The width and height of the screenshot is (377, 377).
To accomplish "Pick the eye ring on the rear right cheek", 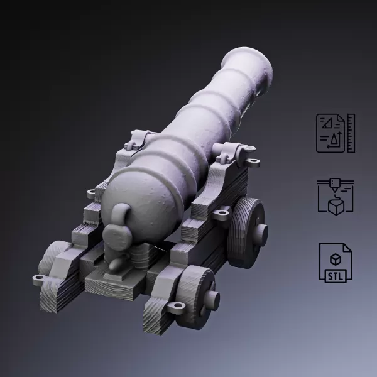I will click(177, 307).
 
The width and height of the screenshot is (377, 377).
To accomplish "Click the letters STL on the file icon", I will click(336, 274).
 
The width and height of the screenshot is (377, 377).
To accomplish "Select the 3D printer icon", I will click(336, 196).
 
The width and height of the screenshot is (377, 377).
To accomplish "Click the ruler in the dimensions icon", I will click(351, 133).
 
